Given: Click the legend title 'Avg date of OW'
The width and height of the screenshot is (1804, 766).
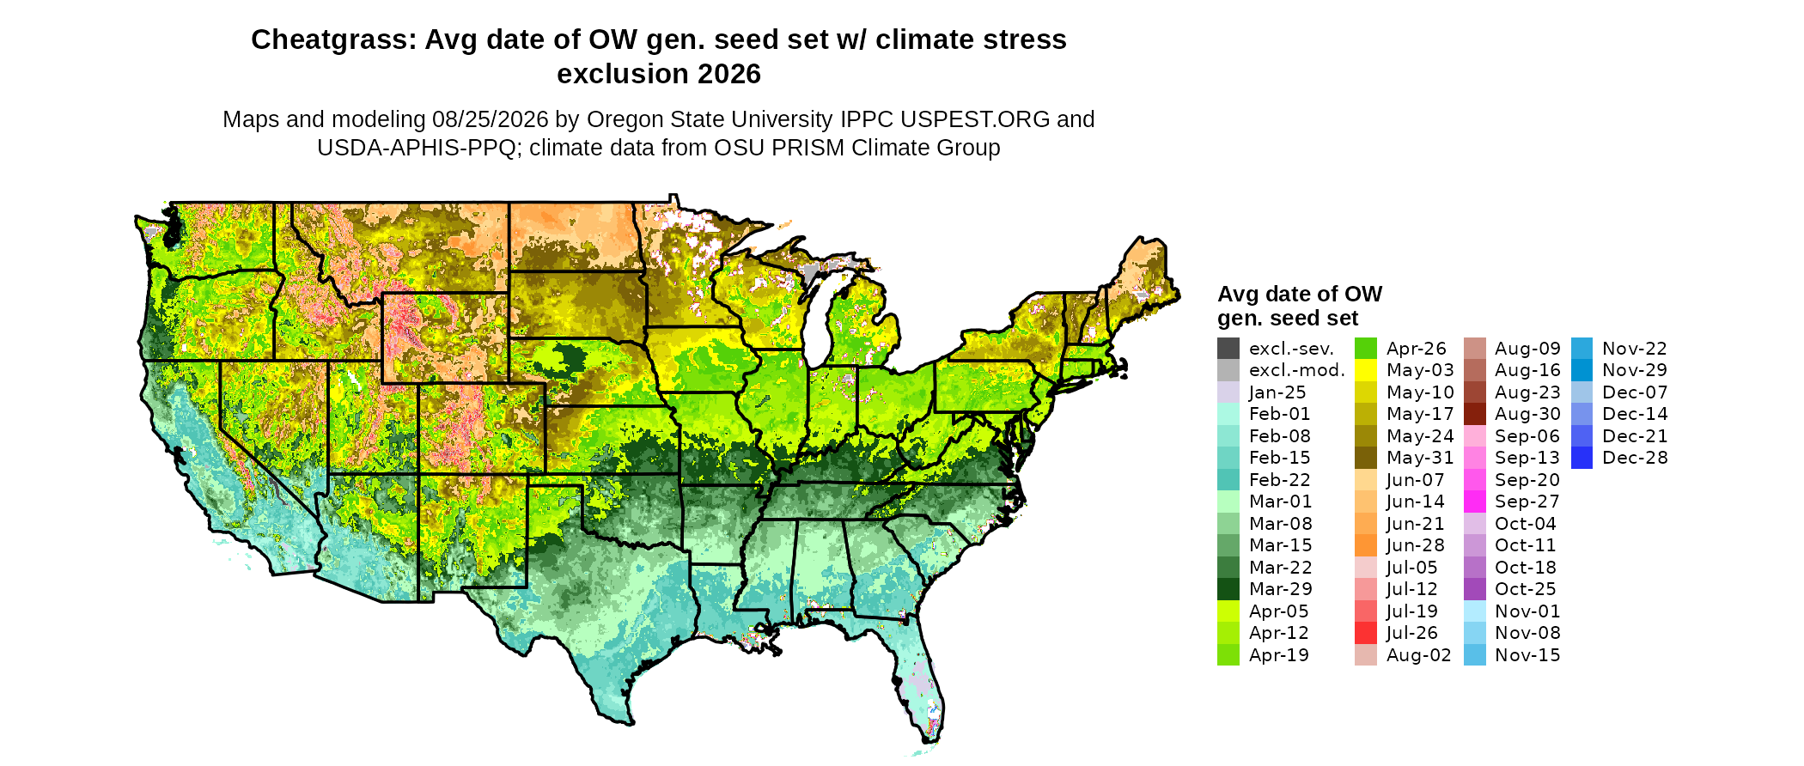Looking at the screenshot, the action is point(1300,294).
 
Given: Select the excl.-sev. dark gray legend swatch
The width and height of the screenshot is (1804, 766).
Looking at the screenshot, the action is point(1228,349).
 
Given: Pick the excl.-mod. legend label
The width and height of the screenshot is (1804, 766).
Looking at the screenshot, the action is point(1297,370).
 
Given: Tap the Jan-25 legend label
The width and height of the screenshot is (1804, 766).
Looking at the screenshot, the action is point(1277,392).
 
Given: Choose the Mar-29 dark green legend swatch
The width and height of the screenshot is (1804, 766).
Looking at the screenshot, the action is point(1228,589).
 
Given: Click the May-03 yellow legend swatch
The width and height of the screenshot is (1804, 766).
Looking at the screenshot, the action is point(1366,370).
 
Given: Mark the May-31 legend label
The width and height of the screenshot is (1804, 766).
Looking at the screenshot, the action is point(1420,458).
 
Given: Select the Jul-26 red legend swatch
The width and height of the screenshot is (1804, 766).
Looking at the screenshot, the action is point(1366,633).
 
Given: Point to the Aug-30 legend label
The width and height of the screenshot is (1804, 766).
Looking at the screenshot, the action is point(1527,414).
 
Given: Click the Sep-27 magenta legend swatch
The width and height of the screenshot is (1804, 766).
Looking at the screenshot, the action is point(1475,502).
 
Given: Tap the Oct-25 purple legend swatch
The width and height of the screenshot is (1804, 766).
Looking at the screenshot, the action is point(1475,589).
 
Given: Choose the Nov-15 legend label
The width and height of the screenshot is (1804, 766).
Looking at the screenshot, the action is point(1527,655).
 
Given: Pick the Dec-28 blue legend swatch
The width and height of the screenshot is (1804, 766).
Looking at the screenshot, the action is point(1582,458).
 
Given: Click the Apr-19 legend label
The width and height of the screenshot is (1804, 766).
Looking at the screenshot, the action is point(1279,655).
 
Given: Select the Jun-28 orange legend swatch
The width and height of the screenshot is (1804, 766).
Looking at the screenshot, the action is point(1366,545).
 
